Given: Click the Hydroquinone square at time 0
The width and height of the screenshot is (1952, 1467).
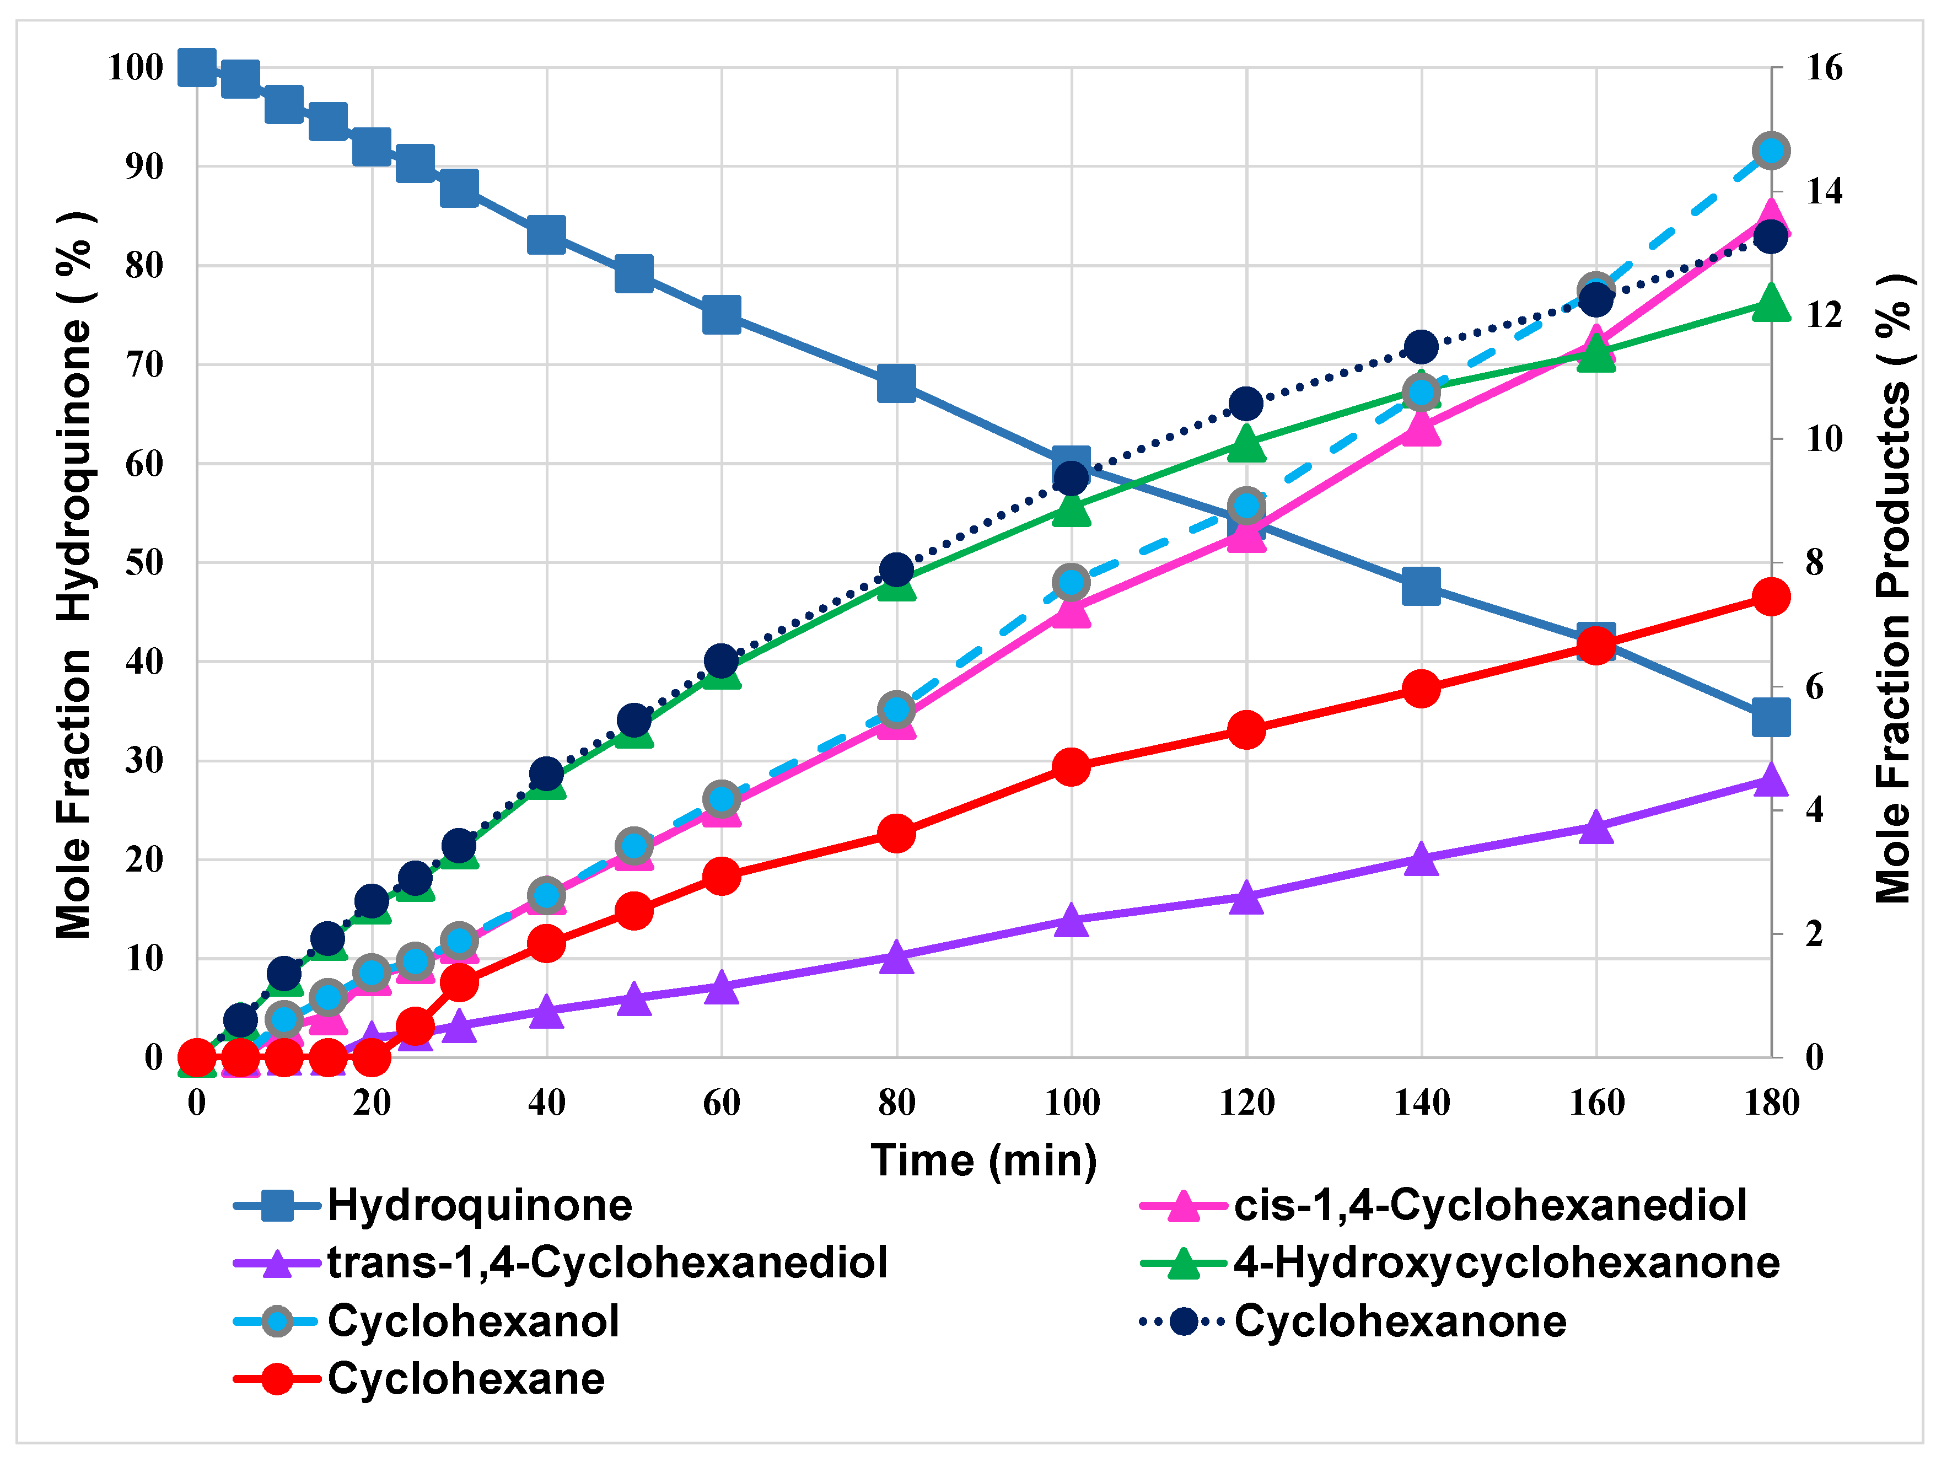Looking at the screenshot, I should pyautogui.click(x=197, y=67).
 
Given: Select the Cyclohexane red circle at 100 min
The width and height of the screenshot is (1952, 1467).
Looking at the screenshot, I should pyautogui.click(x=1071, y=767).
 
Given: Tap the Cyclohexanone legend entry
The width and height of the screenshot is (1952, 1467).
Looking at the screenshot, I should pyautogui.click(x=1400, y=1321).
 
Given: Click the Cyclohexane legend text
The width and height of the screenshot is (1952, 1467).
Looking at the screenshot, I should pyautogui.click(x=466, y=1379).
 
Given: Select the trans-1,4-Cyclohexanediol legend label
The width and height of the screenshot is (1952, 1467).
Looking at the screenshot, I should pyautogui.click(x=607, y=1263).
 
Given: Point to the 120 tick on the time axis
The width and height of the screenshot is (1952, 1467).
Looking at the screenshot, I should pyautogui.click(x=1246, y=1103).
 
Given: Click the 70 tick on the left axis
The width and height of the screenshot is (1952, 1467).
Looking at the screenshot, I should pyautogui.click(x=144, y=364).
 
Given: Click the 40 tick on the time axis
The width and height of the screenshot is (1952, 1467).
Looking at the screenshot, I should pyautogui.click(x=546, y=1103).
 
